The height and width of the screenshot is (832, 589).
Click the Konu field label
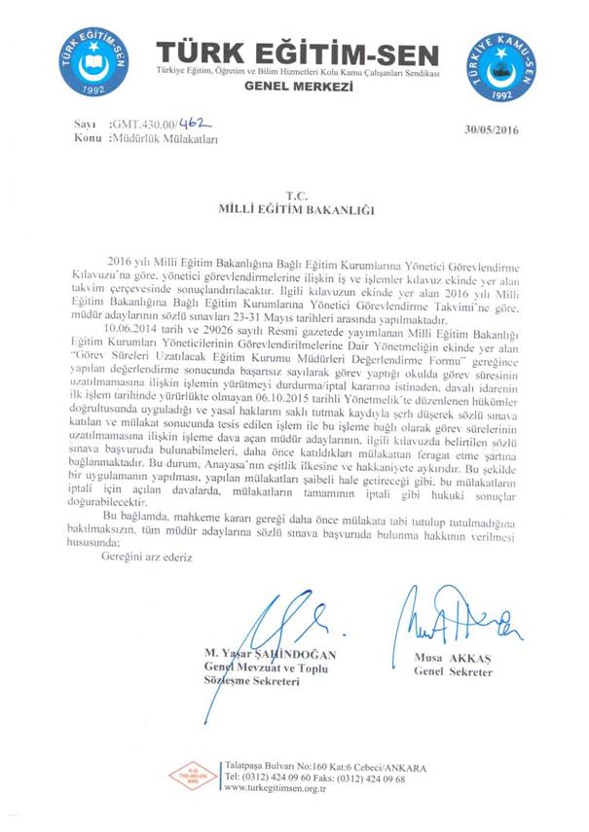pyautogui.click(x=88, y=139)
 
